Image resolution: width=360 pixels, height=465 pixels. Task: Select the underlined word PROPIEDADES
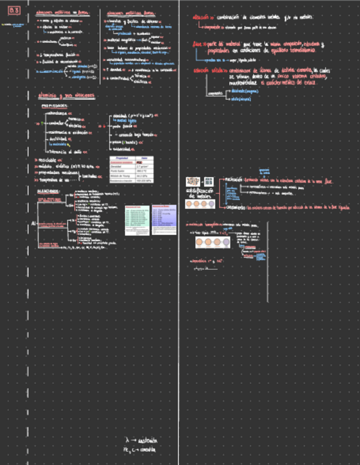coord(54,106)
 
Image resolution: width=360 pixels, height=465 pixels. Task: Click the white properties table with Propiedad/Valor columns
coord(131,169)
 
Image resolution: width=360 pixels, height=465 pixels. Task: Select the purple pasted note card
coord(164,220)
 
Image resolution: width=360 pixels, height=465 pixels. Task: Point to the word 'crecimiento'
coord(235,207)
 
